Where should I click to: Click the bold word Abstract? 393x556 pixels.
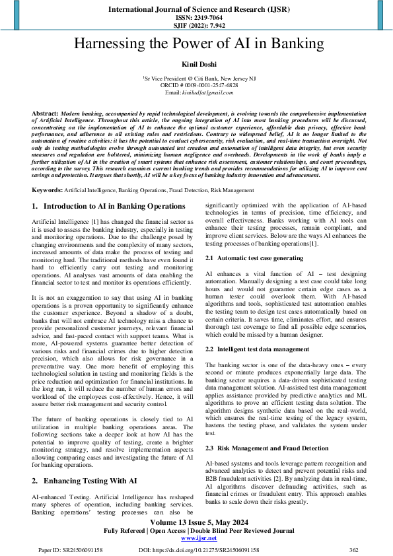tap(44, 114)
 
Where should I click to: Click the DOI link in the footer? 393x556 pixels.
tap(199, 549)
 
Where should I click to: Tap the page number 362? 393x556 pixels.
tap(353, 549)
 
